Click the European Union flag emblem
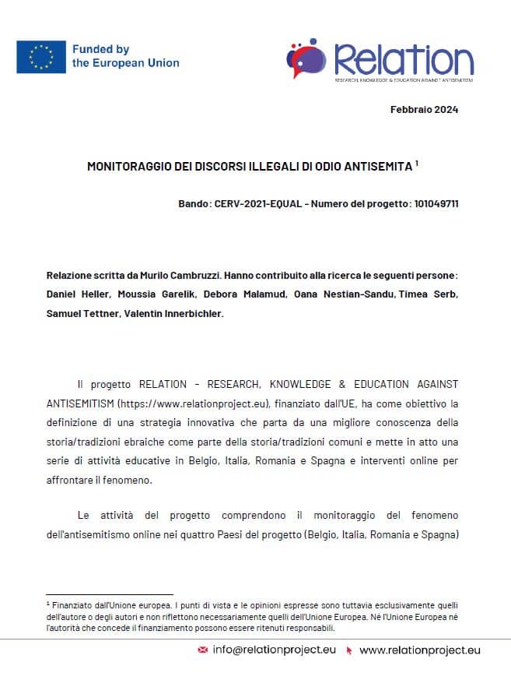coord(41,56)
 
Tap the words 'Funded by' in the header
coord(100,49)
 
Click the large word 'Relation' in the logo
coord(403,59)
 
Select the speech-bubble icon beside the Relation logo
coord(307,58)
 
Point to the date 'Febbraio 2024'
coord(424,110)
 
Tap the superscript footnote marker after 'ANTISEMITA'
coord(417,163)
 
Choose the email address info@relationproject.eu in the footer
coord(274,650)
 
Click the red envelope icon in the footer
coord(203,650)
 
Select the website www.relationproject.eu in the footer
coord(419,650)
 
